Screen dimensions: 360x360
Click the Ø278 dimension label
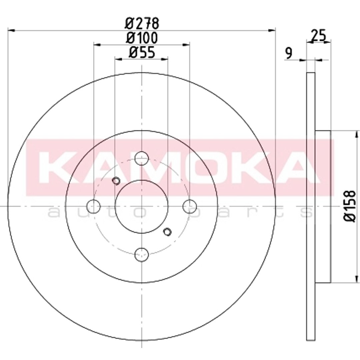point(142,23)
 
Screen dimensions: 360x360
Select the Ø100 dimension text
point(142,38)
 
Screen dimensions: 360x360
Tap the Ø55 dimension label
point(142,52)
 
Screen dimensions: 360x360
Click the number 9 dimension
point(289,53)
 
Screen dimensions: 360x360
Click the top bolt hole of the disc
point(142,158)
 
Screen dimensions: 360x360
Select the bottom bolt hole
point(142,254)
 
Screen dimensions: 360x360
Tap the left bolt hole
point(94,206)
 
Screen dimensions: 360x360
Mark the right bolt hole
point(190,206)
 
